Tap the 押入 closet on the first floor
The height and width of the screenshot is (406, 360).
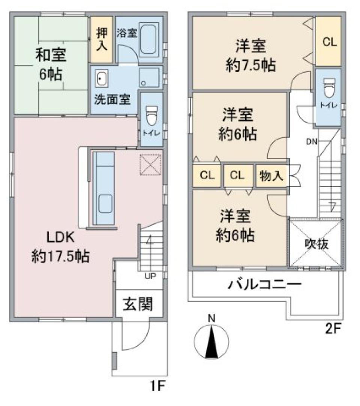tap(102, 39)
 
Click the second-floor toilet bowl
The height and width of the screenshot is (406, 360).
tap(328, 87)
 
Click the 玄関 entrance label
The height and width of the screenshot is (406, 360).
tap(139, 304)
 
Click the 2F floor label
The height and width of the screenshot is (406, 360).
tap(332, 329)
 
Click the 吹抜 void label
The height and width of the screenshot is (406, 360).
tap(316, 244)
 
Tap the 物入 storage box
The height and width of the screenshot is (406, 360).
tap(271, 176)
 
